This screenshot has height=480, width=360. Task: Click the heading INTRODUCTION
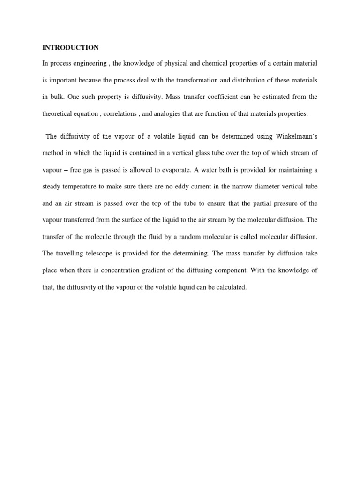click(x=71, y=47)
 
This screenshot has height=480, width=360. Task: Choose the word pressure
click(x=286, y=203)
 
